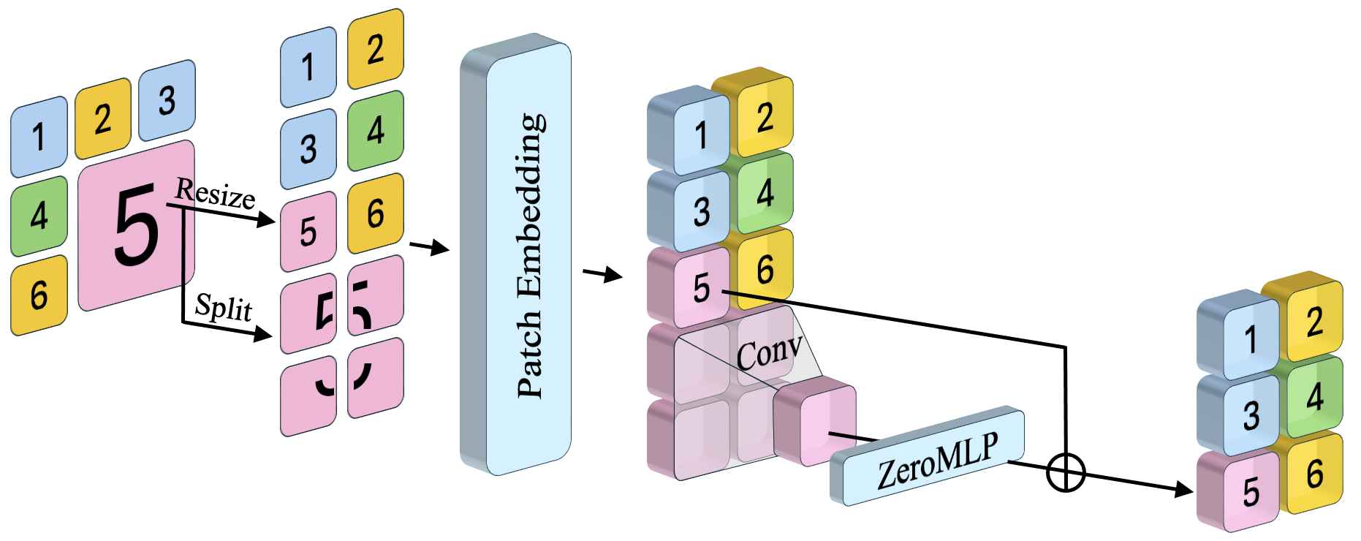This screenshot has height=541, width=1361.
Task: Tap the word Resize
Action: [x=216, y=194]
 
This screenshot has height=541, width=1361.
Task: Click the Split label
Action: [x=224, y=307]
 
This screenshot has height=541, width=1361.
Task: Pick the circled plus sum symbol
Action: [x=1066, y=472]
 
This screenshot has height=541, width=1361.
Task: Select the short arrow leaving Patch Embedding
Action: [x=603, y=275]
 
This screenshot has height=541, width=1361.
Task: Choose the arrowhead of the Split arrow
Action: [x=263, y=335]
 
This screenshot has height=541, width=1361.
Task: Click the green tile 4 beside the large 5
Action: [x=39, y=216]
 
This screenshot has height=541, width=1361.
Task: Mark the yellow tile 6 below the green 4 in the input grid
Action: [x=39, y=295]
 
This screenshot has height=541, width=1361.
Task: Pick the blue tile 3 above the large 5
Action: [x=167, y=100]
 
